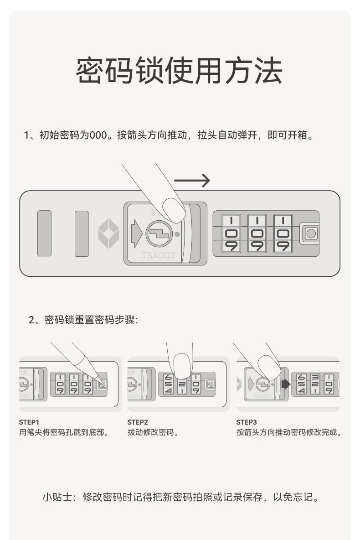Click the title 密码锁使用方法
coord(179,71)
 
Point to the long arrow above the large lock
coord(191,181)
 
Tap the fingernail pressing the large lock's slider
coord(174,210)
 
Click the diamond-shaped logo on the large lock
coord(108,234)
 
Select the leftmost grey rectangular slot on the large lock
coord(44,233)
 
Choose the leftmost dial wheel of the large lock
coord(231,233)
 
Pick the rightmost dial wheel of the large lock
coord(283,233)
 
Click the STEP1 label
coord(29,422)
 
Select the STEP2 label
coord(138,422)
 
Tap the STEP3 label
coord(247,422)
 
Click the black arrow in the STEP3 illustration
coord(286,384)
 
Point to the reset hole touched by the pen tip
coord(103,384)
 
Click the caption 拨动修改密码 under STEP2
coord(153,432)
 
